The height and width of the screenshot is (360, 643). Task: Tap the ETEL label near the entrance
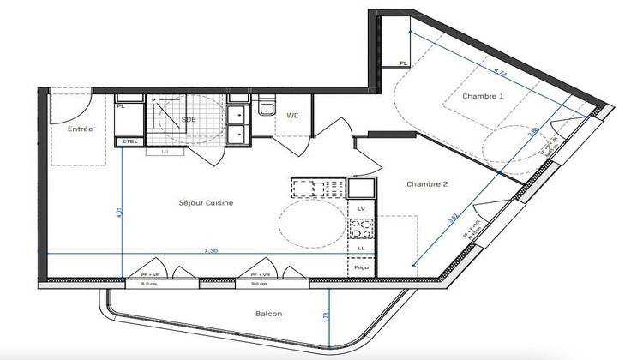129,141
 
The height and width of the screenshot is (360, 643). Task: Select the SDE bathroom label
189,119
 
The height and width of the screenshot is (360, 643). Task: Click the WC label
292,115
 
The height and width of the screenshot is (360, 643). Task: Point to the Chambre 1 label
483,97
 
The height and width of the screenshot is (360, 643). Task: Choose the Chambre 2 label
426,183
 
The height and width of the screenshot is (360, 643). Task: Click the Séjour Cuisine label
206,202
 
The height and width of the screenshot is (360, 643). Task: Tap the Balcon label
270,314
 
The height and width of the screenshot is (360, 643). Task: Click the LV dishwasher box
361,208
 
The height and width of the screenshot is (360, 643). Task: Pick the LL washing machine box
361,247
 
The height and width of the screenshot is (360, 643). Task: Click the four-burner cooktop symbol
361,228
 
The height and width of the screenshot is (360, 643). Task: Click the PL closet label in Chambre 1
403,63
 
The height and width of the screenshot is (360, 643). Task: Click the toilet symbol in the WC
267,110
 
